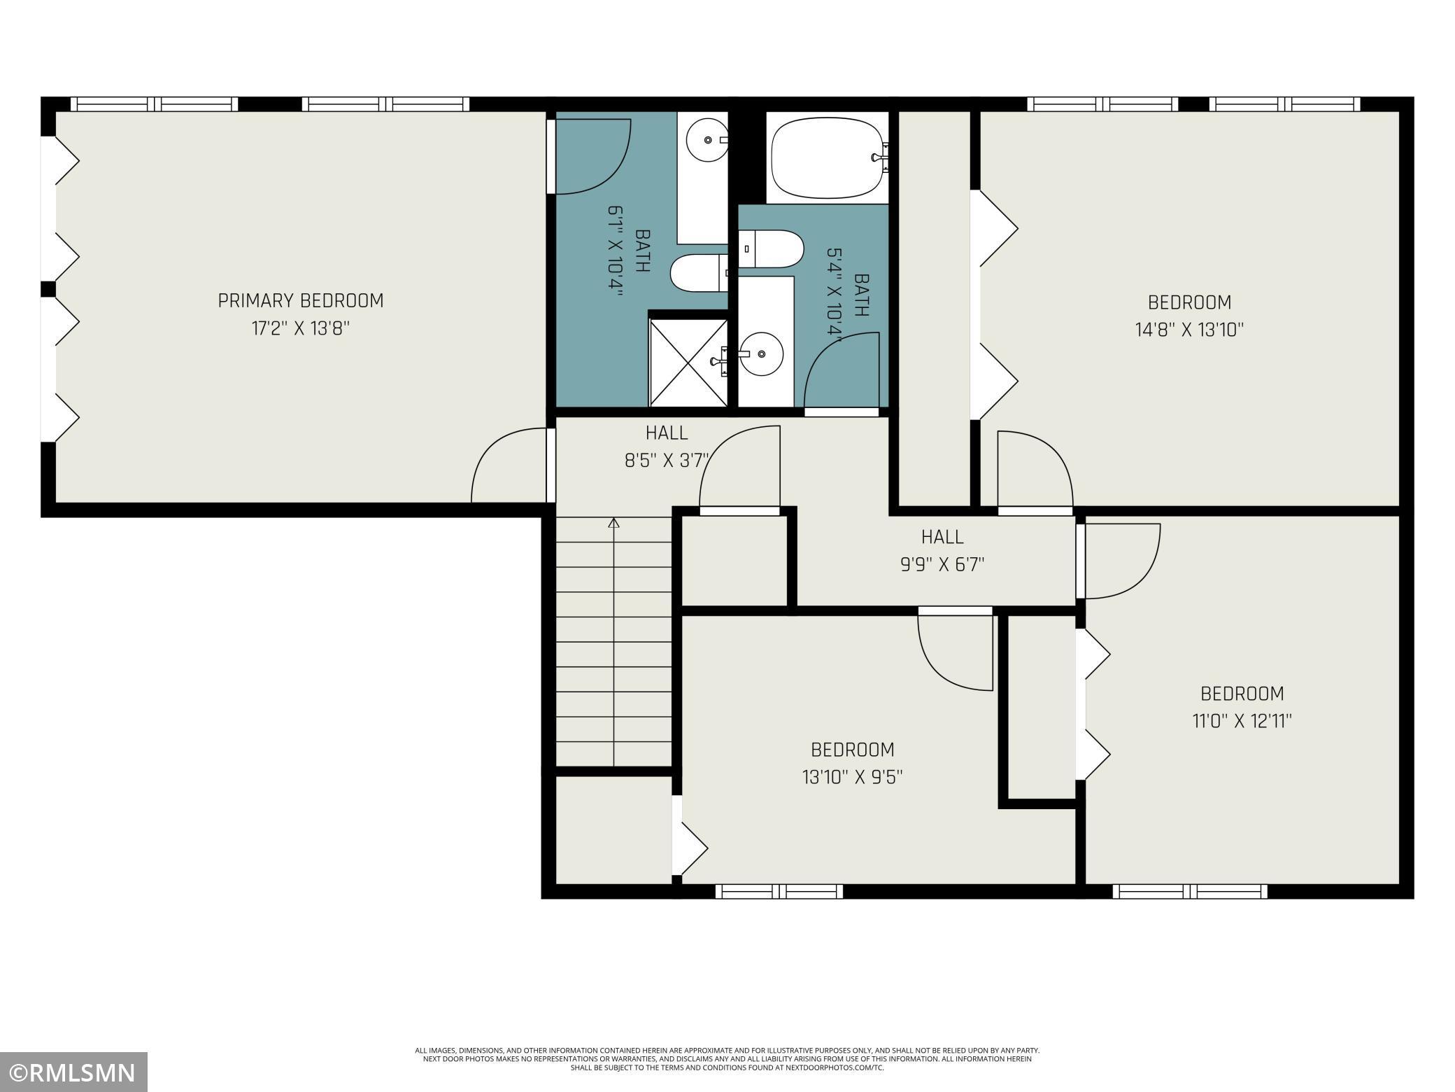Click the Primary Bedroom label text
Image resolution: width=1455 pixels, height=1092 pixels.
tap(301, 301)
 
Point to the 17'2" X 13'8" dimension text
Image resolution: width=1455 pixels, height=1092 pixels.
tap(301, 329)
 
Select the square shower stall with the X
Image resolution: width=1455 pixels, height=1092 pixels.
tap(688, 363)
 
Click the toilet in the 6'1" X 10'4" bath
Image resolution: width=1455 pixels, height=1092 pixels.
tap(697, 273)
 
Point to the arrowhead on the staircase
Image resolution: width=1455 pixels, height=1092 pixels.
tap(614, 522)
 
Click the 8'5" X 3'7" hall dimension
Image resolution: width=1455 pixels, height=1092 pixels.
tap(667, 461)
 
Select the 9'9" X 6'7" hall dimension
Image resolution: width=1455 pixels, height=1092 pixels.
tap(942, 564)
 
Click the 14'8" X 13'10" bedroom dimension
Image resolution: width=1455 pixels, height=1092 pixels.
tap(1189, 330)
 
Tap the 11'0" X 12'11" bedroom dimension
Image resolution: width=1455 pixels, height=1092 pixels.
tap(1242, 721)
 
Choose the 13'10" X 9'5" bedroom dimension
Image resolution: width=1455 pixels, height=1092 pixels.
tap(852, 777)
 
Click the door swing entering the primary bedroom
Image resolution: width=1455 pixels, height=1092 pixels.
tap(509, 466)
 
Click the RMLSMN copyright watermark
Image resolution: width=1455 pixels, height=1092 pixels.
tap(73, 1072)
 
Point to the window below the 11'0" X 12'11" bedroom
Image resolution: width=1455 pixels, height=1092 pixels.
tap(1189, 891)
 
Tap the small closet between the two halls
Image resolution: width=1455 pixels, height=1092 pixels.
tap(734, 561)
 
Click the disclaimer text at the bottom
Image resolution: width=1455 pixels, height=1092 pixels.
tap(727, 1059)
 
